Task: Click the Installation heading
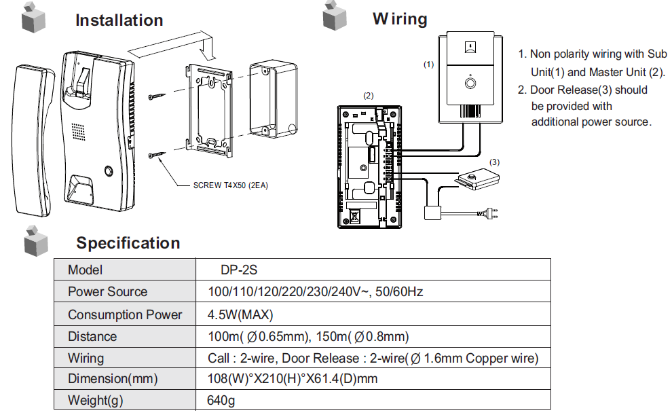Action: pyautogui.click(x=119, y=20)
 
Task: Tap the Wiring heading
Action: pyautogui.click(x=400, y=19)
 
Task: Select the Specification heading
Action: pyautogui.click(x=128, y=243)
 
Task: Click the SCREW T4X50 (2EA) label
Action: pyautogui.click(x=230, y=185)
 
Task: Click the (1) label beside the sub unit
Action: pyautogui.click(x=428, y=65)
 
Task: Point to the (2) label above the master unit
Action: pyautogui.click(x=368, y=96)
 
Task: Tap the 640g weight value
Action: pyautogui.click(x=221, y=401)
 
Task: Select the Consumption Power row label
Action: pyautogui.click(x=125, y=314)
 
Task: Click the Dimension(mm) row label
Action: pyautogui.click(x=113, y=379)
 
